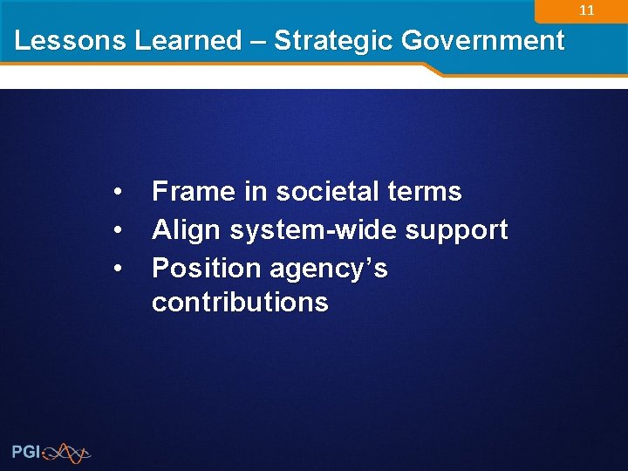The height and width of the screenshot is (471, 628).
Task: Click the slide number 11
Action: pos(587,11)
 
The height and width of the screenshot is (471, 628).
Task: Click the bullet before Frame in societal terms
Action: pos(117,192)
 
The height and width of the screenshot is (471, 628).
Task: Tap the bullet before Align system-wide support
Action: pos(117,230)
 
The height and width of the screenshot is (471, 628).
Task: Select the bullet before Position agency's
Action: pos(117,269)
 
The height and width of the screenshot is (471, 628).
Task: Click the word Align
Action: pos(187,230)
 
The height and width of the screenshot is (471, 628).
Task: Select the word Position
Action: pos(207,269)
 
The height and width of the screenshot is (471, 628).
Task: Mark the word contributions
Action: pos(240,303)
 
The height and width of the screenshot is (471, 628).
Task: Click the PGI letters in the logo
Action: pos(25,452)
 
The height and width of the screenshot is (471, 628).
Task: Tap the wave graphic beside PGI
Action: pos(67,452)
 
